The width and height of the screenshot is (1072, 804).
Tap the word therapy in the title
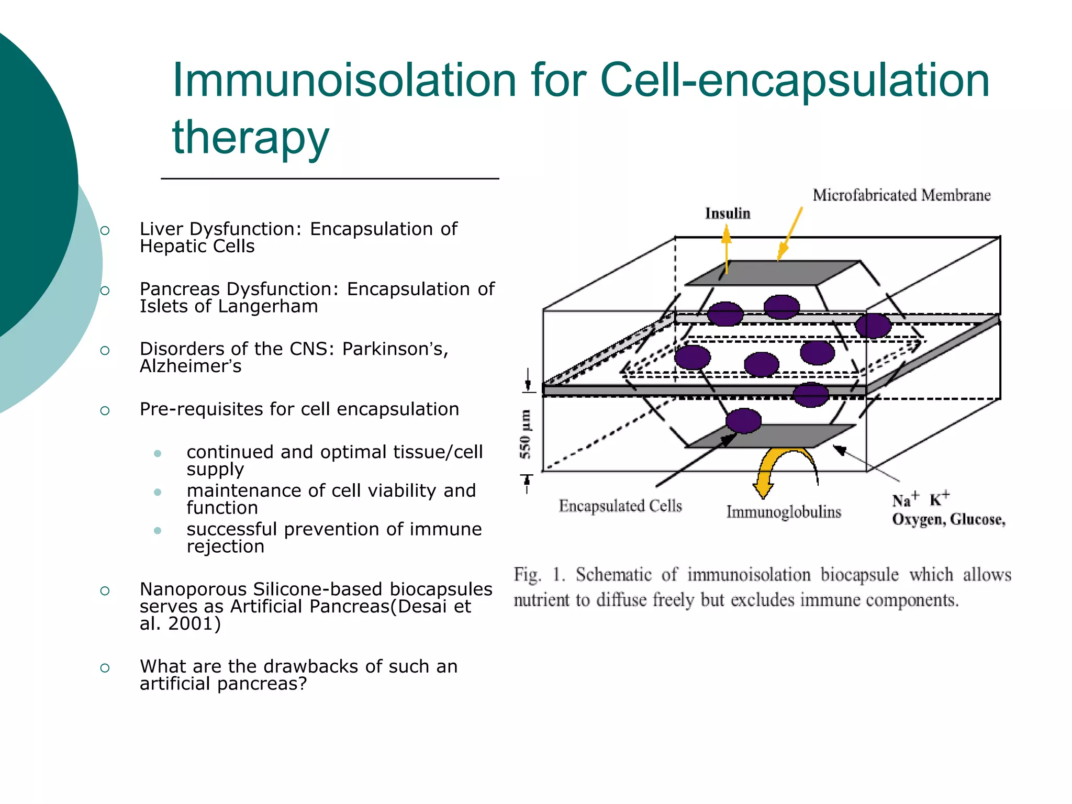pyautogui.click(x=251, y=137)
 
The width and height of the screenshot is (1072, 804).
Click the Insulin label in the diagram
pyautogui.click(x=728, y=214)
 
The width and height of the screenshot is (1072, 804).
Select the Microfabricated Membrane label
pyautogui.click(x=901, y=195)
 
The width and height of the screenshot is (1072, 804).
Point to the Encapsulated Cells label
pyautogui.click(x=620, y=506)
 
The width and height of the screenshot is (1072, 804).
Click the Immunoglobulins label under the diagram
pyautogui.click(x=784, y=512)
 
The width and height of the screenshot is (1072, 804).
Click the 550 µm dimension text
pyautogui.click(x=526, y=434)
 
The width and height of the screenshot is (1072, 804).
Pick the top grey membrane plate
pyautogui.click(x=772, y=273)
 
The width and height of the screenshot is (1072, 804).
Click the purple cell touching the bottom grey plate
pyautogui.click(x=743, y=421)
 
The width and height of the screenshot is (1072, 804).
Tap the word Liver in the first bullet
pyautogui.click(x=161, y=229)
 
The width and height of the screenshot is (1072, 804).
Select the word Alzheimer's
pyautogui.click(x=191, y=366)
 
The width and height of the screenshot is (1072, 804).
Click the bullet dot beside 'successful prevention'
pyautogui.click(x=158, y=531)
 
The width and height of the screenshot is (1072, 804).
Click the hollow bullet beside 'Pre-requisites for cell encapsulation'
pyautogui.click(x=105, y=411)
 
